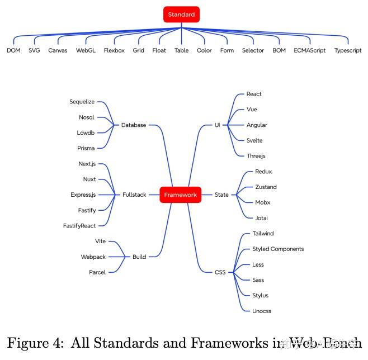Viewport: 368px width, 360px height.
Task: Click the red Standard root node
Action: pyautogui.click(x=181, y=15)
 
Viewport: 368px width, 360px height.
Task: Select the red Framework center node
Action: pyautogui.click(x=180, y=195)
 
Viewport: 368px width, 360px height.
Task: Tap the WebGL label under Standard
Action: pyautogui.click(x=86, y=50)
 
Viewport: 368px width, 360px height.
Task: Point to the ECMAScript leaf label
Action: pyautogui.click(x=309, y=50)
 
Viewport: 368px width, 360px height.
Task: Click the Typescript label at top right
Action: pyautogui.click(x=347, y=50)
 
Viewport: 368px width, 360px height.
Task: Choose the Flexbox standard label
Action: pyautogui.click(x=114, y=50)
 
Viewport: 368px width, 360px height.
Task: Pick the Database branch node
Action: pyautogui.click(x=134, y=125)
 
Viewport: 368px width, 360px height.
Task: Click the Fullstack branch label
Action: pyautogui.click(x=134, y=195)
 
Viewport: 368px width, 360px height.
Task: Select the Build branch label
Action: pyautogui.click(x=139, y=257)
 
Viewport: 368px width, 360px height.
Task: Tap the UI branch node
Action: pyautogui.click(x=217, y=125)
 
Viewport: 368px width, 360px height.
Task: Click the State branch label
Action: pyautogui.click(x=221, y=195)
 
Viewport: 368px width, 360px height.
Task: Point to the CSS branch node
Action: pyautogui.click(x=220, y=272)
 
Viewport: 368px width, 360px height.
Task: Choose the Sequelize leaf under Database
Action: pyautogui.click(x=82, y=102)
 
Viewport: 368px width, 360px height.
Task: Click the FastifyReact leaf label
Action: pyautogui.click(x=79, y=226)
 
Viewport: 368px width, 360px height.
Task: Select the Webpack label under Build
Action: pyautogui.click(x=93, y=257)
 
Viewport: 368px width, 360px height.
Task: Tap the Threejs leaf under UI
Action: pyautogui.click(x=256, y=156)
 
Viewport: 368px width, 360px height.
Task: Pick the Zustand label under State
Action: pyautogui.click(x=266, y=187)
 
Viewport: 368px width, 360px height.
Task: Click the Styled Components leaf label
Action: pyautogui.click(x=278, y=249)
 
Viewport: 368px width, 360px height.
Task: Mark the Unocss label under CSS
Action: pyautogui.click(x=262, y=311)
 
